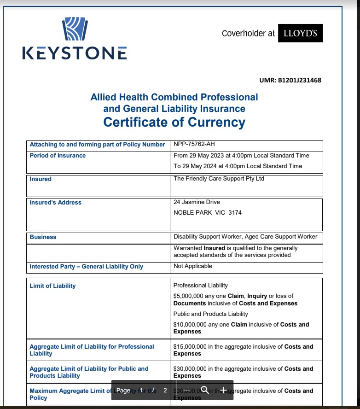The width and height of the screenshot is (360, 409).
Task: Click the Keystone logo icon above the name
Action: point(75,29)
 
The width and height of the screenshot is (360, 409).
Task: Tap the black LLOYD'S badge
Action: point(300,33)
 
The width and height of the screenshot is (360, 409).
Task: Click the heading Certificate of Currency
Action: point(174,122)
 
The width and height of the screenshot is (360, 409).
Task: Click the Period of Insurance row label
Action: point(58,156)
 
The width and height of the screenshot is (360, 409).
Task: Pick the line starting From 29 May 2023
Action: point(241,156)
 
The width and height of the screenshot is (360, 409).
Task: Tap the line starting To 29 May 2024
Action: point(238,166)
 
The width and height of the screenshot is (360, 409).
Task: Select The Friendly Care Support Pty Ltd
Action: point(219,179)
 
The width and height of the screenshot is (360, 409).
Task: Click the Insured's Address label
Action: point(55,202)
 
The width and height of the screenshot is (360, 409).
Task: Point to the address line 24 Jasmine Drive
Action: point(197,202)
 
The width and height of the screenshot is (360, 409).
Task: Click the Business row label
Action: point(43,237)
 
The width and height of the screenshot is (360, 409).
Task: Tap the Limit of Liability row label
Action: point(52,286)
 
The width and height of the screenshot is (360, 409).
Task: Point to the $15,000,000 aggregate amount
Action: point(191,346)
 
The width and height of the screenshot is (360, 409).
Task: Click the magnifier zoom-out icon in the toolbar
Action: point(205,390)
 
